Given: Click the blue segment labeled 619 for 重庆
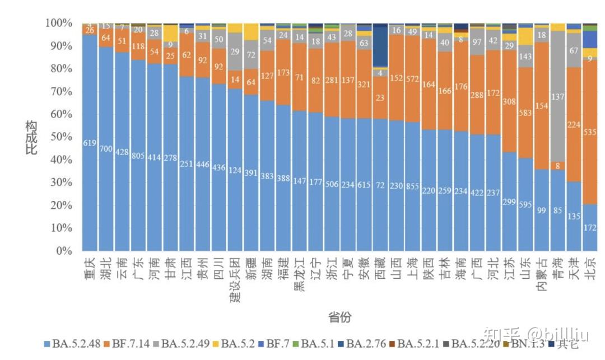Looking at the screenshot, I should click(x=90, y=143).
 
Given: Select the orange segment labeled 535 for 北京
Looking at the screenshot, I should click(x=589, y=132).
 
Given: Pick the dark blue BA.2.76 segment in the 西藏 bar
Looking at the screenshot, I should click(x=380, y=47).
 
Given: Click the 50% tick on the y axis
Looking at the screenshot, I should click(x=63, y=137).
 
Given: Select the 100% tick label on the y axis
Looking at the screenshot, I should click(x=59, y=23).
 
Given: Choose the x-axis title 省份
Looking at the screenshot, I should click(x=339, y=317).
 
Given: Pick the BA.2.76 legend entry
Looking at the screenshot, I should click(x=362, y=344).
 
